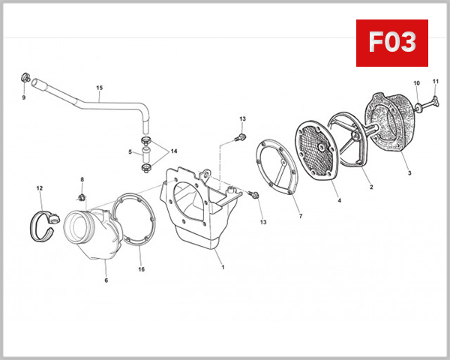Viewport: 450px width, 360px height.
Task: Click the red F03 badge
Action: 391,43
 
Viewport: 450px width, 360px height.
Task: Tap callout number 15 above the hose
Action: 99,88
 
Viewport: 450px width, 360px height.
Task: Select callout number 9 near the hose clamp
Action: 23,97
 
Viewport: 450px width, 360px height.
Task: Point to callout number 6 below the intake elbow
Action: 106,280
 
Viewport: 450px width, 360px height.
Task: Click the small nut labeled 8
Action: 82,198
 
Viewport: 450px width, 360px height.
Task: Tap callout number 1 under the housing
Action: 220,265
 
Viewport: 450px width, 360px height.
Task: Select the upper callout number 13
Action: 242,119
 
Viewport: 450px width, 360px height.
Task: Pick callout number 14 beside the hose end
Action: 174,151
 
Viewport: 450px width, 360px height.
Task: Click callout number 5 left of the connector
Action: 130,152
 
